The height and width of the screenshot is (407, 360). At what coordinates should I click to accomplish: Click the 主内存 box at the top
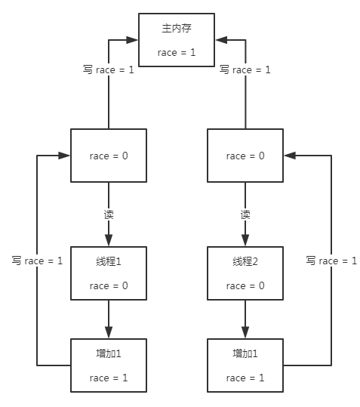[177, 40]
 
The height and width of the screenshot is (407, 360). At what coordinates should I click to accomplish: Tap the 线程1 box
[108, 273]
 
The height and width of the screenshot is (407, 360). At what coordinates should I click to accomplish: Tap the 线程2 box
[245, 273]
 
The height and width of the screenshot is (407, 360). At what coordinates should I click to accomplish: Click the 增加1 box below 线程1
[108, 365]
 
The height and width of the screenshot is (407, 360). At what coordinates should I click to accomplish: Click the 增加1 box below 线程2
[245, 365]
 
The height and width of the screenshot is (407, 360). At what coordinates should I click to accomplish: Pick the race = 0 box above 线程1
[108, 156]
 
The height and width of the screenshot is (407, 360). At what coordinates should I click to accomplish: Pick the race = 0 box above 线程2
[245, 156]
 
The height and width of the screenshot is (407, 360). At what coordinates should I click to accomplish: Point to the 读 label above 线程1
[108, 214]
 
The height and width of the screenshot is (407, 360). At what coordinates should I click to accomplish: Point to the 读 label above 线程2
[245, 214]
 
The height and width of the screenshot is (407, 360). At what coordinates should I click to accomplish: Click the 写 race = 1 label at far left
[37, 261]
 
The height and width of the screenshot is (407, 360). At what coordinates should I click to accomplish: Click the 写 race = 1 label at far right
[331, 261]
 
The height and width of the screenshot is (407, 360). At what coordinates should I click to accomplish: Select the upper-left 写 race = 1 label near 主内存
[108, 69]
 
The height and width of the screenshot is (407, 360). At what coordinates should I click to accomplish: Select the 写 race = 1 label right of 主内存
[245, 69]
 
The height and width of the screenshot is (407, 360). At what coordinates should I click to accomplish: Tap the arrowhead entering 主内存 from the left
[134, 39]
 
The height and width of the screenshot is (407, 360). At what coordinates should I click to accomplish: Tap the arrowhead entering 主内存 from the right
[220, 39]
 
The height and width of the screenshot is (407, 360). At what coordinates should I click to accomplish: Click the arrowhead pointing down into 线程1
[108, 241]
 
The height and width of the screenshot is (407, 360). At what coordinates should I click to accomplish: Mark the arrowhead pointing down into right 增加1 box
[245, 333]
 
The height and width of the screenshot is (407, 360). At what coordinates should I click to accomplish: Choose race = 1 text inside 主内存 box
[177, 52]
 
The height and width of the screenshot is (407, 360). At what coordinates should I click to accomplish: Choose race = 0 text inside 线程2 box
[245, 285]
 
